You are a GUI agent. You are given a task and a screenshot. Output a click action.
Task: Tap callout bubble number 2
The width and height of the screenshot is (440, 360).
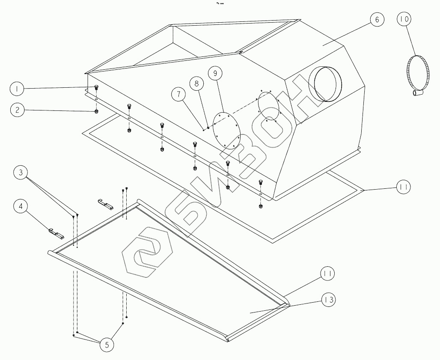pos(18,110)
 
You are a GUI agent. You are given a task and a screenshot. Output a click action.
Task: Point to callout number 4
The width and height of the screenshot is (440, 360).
pos(20,206)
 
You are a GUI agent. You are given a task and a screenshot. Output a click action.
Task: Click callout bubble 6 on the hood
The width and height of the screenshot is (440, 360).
pos(376,20)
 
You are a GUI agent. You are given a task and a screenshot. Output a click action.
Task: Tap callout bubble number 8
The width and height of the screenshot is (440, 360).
pos(197,84)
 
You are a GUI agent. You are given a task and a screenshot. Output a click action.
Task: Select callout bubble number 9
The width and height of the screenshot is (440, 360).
pos(215,73)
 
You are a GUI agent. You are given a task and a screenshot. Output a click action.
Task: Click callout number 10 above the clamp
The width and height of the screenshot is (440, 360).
pos(404,19)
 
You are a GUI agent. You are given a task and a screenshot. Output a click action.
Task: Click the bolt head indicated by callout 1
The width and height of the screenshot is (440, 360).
pos(96,88)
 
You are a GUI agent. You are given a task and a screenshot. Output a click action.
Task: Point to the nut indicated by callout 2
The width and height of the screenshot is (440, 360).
pos(96,111)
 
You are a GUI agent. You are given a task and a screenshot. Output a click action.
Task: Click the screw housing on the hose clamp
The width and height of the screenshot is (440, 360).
pos(417,92)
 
